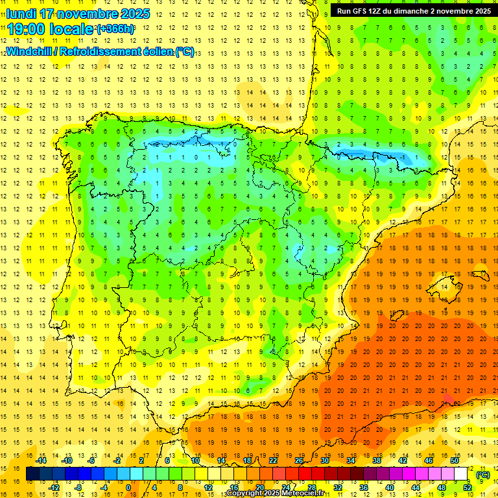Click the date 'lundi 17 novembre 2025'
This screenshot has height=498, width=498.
(x=78, y=14)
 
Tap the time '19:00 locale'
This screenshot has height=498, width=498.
(x=51, y=29)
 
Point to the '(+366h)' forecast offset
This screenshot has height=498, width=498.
(x=115, y=29)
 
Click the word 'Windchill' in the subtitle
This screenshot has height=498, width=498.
(x=31, y=51)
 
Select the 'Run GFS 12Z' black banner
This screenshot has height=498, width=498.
(x=412, y=11)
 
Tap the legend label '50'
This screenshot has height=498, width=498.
(x=455, y=460)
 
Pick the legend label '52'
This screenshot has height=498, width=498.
(x=467, y=487)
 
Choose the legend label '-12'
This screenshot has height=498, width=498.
(x=54, y=487)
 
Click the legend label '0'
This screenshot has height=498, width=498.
(x=128, y=487)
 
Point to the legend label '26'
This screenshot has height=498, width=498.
(x=298, y=460)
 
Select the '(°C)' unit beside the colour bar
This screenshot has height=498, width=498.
(x=483, y=474)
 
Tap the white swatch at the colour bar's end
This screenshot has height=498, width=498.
(x=461, y=474)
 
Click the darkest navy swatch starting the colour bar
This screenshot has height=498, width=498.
(x=32, y=474)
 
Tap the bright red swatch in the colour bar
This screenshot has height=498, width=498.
(x=305, y=474)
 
